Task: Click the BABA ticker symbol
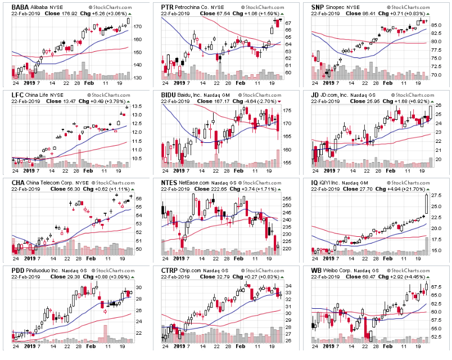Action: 13,6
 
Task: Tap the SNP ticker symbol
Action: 319,6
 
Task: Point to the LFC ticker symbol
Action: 11,94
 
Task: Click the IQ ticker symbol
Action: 315,182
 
